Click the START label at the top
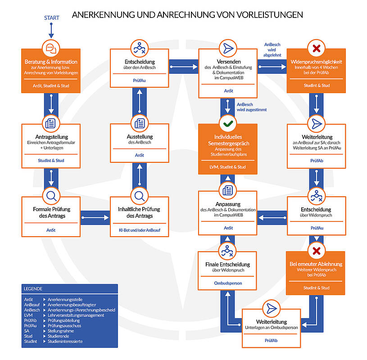pos(51,18)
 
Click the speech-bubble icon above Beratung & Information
pos(51,48)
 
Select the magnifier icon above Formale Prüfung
pos(51,196)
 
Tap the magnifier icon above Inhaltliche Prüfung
pos(140,196)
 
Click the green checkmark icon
pos(228,122)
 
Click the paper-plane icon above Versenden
pos(228,48)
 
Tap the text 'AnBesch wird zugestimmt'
pos(248,107)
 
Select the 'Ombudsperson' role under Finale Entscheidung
pos(228,283)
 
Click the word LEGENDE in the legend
pos(34,288)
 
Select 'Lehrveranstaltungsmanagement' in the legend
pos(76,315)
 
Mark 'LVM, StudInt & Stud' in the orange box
pos(228,167)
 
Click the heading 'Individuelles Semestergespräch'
pos(228,140)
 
